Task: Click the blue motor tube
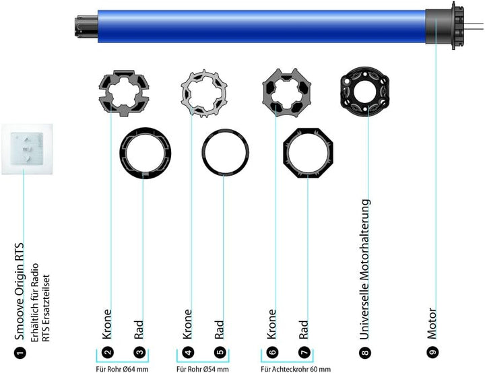tap(263, 28)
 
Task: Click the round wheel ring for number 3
tap(144, 151)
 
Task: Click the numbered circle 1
tap(20, 351)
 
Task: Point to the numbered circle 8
tap(365, 351)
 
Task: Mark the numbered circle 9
tap(432, 351)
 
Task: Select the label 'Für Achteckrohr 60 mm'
tap(296, 368)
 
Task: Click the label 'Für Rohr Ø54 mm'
tap(204, 368)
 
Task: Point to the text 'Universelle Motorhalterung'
tap(365, 268)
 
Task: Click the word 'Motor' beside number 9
tap(432, 324)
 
